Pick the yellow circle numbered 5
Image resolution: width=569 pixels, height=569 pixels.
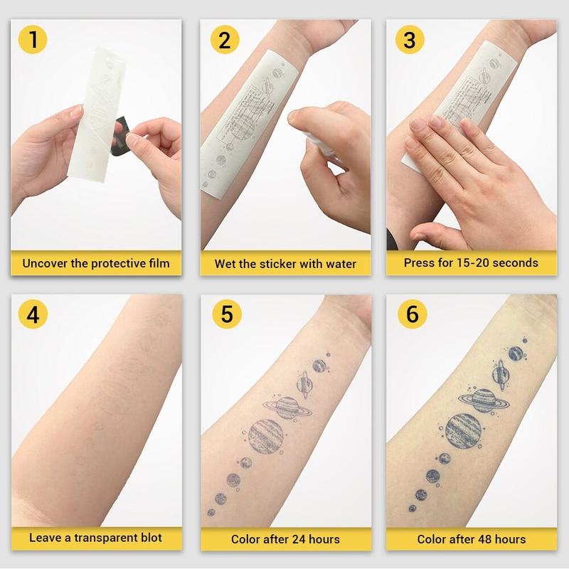[225, 315]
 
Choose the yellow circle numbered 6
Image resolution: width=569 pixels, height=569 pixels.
[409, 315]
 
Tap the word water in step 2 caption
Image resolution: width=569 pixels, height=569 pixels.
[339, 264]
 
